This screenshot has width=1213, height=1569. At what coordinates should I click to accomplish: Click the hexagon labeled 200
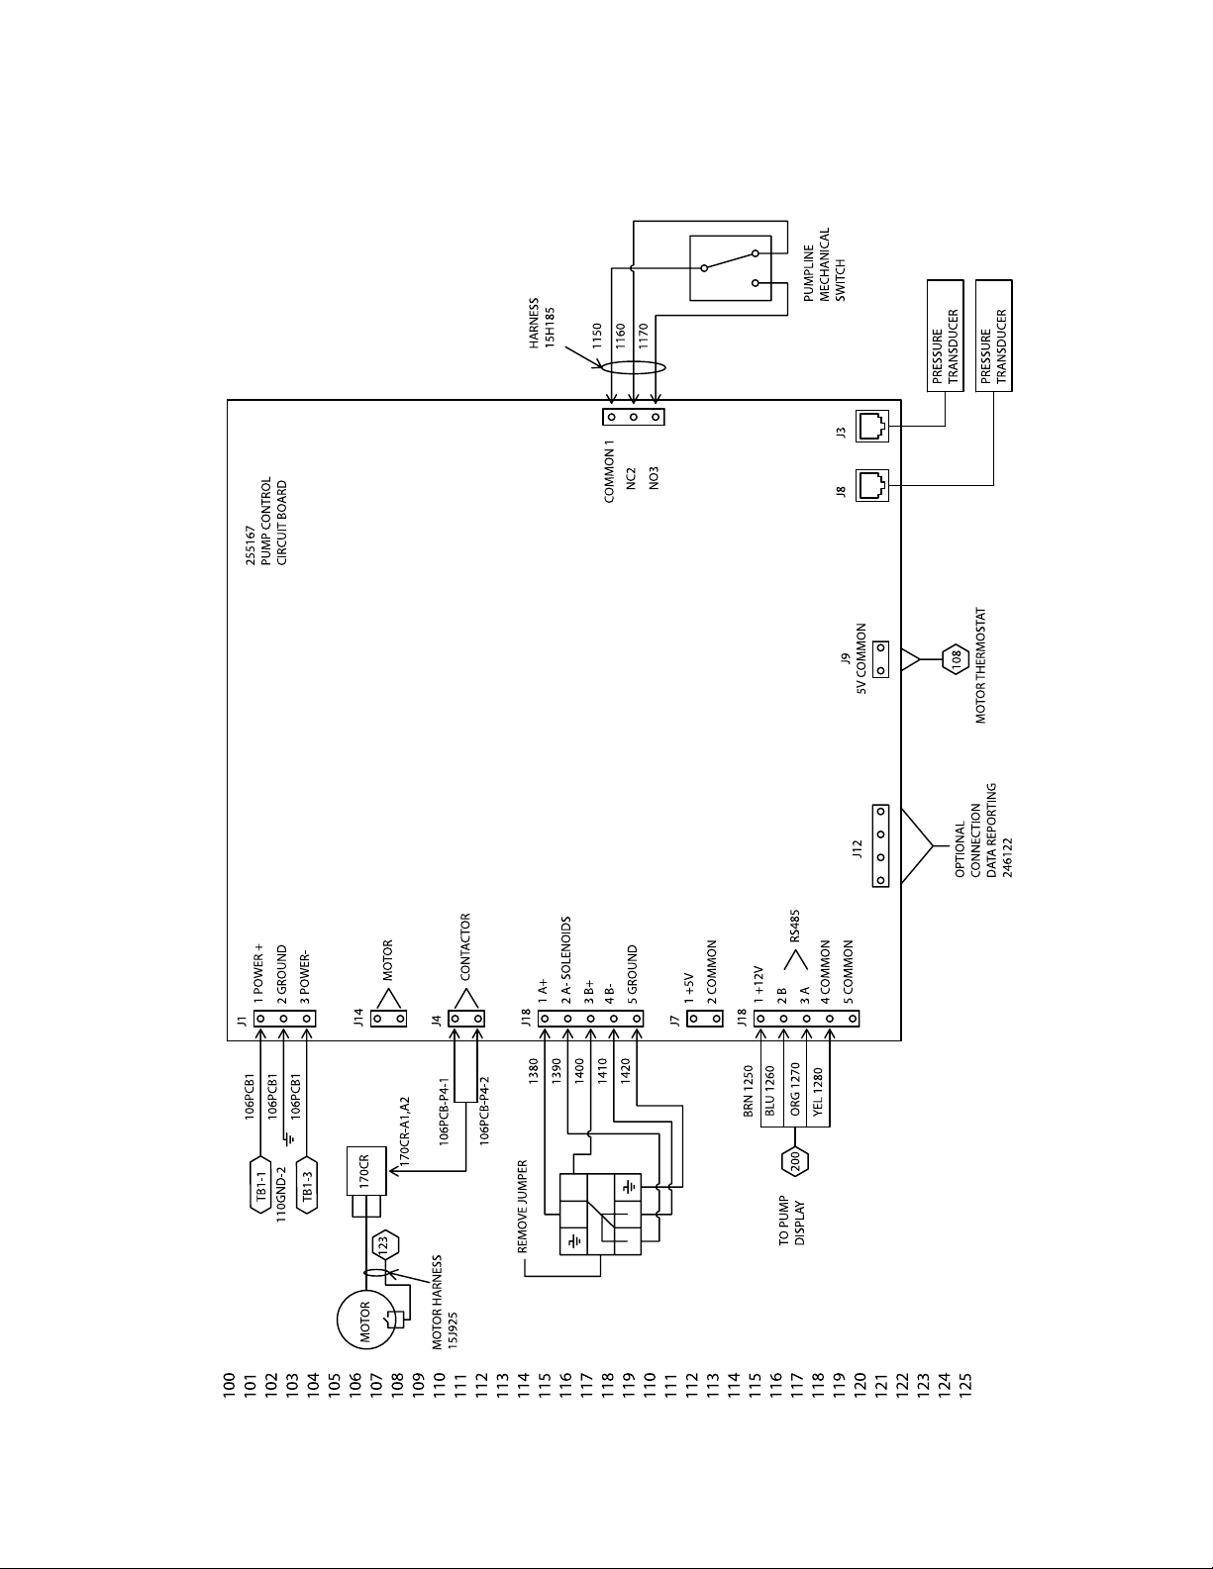pyautogui.click(x=795, y=1161)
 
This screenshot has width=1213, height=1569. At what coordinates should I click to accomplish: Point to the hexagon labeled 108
pyautogui.click(x=957, y=658)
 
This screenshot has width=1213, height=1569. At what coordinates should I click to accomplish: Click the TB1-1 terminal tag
pyautogui.click(x=262, y=1185)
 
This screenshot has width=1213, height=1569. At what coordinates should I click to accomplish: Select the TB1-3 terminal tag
pyautogui.click(x=308, y=1185)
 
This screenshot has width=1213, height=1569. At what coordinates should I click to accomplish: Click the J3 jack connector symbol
pyautogui.click(x=872, y=426)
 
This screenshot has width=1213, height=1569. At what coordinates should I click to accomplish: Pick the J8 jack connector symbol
pyautogui.click(x=872, y=485)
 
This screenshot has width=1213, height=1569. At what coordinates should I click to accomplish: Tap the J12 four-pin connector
pyautogui.click(x=881, y=845)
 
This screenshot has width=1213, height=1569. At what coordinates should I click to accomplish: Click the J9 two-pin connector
pyautogui.click(x=881, y=659)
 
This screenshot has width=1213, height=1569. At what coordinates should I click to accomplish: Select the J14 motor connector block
pyautogui.click(x=388, y=1019)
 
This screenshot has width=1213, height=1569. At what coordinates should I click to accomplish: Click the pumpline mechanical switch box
pyautogui.click(x=729, y=268)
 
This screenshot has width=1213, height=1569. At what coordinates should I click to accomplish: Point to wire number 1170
pyautogui.click(x=644, y=338)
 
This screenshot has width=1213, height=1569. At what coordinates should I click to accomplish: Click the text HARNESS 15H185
pyautogui.click(x=541, y=323)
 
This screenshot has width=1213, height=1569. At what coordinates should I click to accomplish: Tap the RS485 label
pyautogui.click(x=795, y=926)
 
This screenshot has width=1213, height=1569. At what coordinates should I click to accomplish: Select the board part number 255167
pyautogui.click(x=251, y=545)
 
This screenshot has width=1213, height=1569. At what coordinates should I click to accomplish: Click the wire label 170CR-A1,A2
pyautogui.click(x=404, y=1131)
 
